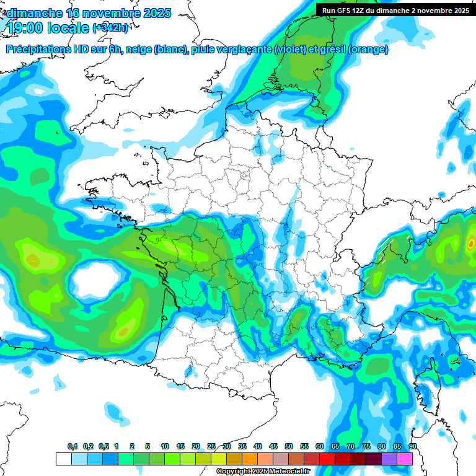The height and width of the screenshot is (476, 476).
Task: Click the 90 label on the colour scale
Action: [413, 446]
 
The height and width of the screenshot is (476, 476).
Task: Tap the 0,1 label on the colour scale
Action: [73, 446]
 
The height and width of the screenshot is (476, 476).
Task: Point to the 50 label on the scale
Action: [289, 446]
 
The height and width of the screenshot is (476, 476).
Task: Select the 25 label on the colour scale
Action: [211, 446]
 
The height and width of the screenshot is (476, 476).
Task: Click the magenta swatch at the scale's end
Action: [405, 459]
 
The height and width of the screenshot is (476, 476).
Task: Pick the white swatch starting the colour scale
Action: [63, 459]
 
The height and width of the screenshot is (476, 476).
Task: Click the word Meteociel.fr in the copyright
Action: [288, 472]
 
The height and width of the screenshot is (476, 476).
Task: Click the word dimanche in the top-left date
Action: [34, 13]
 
